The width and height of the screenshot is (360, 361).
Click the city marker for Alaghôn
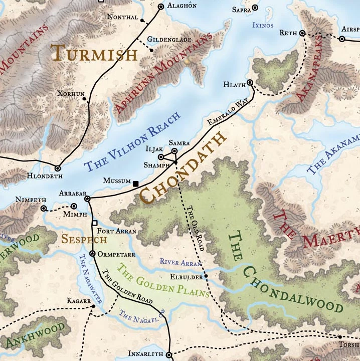coord(161,7)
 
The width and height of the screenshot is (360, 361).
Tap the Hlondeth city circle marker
coord(58,168)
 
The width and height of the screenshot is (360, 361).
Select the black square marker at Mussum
coord(135,184)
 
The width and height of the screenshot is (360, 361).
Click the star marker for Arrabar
coord(88,199)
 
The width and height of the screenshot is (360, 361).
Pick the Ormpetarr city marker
coord(92,254)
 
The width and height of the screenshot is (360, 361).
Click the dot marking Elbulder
coord(206,276)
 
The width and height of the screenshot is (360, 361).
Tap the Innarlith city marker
coord(168,353)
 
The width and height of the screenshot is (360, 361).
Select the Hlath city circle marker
coord(250,83)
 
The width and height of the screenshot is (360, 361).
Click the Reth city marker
coord(302,33)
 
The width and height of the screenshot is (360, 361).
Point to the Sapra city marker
coord(255,8)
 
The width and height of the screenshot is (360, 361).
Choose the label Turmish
coord(94,54)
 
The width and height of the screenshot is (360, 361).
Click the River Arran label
coord(181,262)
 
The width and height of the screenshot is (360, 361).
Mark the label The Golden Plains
coord(162,281)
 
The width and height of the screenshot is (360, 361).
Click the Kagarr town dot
coord(93,306)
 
